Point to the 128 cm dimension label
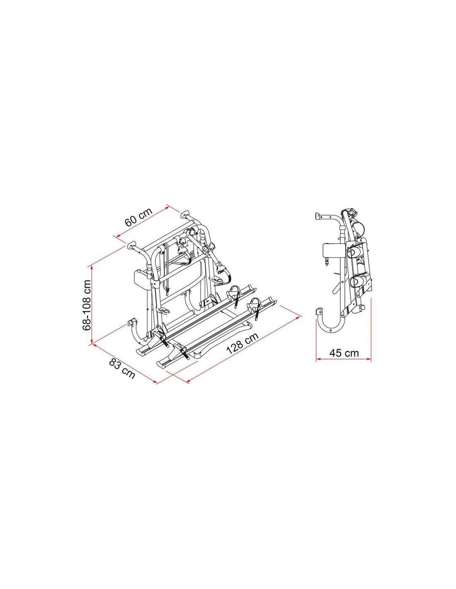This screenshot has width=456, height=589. pos(242,343)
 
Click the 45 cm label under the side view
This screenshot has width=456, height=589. pos(344,353)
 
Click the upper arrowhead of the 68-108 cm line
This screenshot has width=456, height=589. pos(92,268)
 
